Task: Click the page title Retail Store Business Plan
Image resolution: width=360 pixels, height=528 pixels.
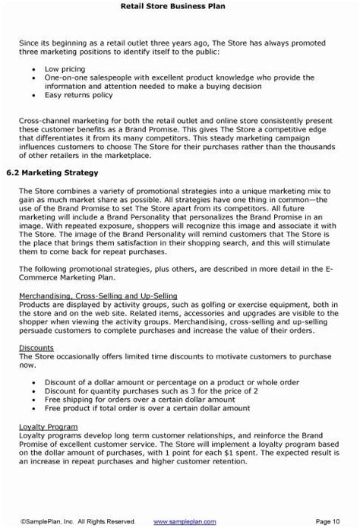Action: (x=179, y=7)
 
